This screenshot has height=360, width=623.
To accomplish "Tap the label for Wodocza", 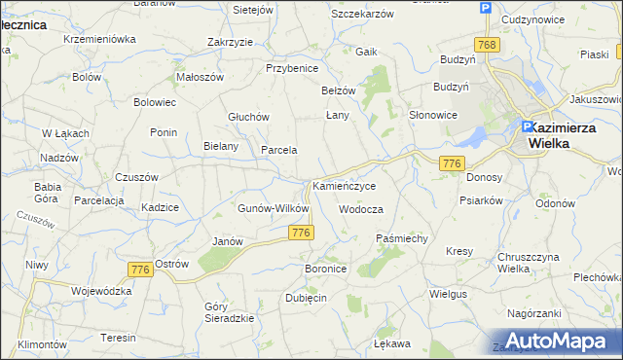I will (x=361, y=209).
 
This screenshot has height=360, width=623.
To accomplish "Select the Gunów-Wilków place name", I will (x=274, y=208).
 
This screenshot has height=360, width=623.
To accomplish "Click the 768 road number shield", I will (x=487, y=45).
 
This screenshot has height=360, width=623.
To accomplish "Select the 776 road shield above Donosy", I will (x=451, y=163).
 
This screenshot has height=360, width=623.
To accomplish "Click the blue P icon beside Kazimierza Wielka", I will (x=528, y=126).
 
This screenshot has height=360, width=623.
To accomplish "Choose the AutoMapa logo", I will (x=559, y=341).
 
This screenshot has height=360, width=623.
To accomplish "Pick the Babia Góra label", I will (x=48, y=191).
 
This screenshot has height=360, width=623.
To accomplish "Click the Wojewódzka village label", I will (x=101, y=290).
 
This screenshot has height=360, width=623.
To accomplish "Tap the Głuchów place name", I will (x=248, y=116).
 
